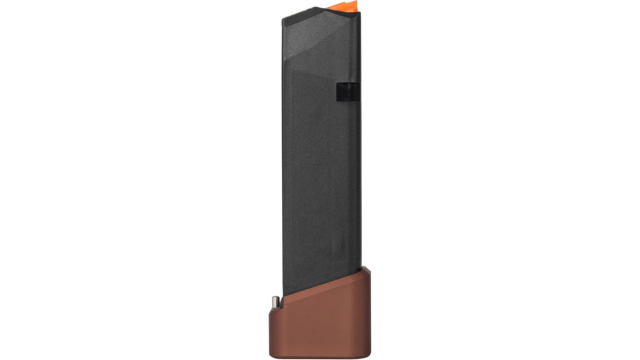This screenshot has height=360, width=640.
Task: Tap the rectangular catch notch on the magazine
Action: click(x=347, y=92)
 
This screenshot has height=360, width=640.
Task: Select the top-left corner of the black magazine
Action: click(x=283, y=18)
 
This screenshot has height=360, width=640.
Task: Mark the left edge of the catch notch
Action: click(x=338, y=92)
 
